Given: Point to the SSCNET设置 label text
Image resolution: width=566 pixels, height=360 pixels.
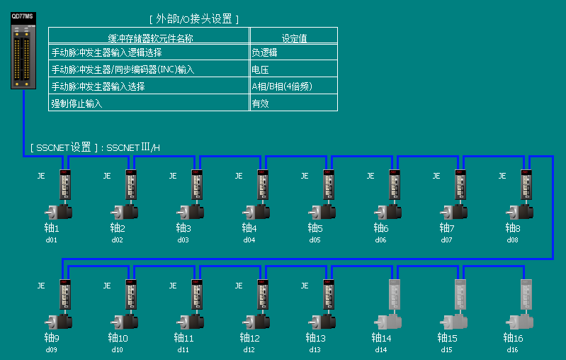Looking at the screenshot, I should click(94, 148).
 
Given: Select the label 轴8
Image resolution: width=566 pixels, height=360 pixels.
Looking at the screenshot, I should click(513, 228).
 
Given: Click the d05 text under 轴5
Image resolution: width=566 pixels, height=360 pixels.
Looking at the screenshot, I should click(315, 240).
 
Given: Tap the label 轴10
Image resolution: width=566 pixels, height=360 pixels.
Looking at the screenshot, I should click(118, 338).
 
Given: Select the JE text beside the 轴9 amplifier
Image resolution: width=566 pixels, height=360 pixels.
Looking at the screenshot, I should click(41, 286).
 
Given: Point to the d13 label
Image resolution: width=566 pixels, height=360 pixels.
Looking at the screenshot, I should click(315, 350).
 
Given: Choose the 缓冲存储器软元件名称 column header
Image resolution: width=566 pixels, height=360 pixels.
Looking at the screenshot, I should click(149, 38).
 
